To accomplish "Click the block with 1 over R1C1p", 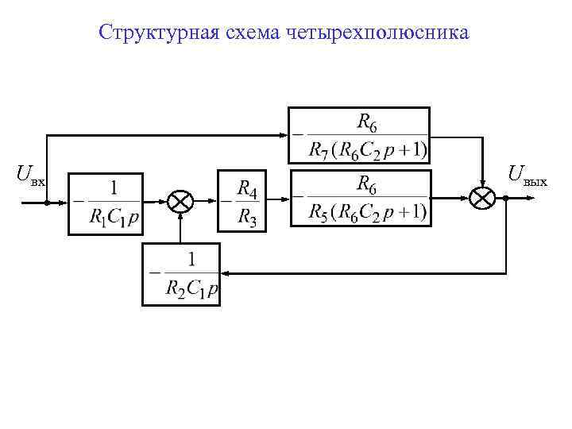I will coord(105,203).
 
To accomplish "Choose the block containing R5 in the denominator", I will coord(361,198).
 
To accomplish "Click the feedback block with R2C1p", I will coord(181,274).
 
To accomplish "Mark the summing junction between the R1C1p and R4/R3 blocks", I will coord(181,202).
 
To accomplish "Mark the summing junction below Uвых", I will coord(482,199).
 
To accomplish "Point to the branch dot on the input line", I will coord(47,202).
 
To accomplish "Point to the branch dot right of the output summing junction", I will coord(506,199).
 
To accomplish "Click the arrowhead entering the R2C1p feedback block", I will coord(225,273).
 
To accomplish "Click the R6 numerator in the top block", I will coord(366,122).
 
